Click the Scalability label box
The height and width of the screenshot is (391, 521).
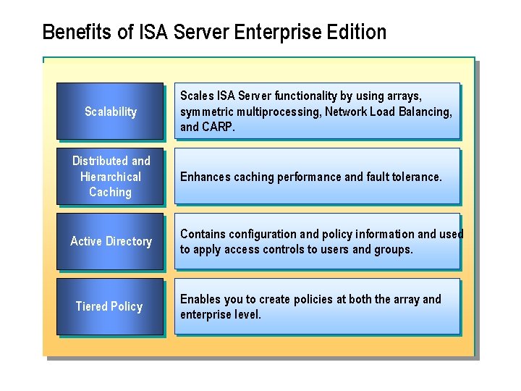pyautogui.click(x=110, y=112)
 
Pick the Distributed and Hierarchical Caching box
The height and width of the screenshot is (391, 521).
pyautogui.click(x=110, y=177)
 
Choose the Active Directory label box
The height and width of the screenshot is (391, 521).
pyautogui.click(x=110, y=241)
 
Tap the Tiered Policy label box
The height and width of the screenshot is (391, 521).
pyautogui.click(x=110, y=306)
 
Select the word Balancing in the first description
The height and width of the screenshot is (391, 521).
pyautogui.click(x=428, y=112)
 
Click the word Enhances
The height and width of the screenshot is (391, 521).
pyautogui.click(x=203, y=177)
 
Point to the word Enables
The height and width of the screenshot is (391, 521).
pyautogui.click(x=199, y=299)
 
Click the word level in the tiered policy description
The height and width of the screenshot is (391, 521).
pyautogui.click(x=247, y=314)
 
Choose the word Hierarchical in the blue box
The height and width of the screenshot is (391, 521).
pyautogui.click(x=111, y=177)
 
